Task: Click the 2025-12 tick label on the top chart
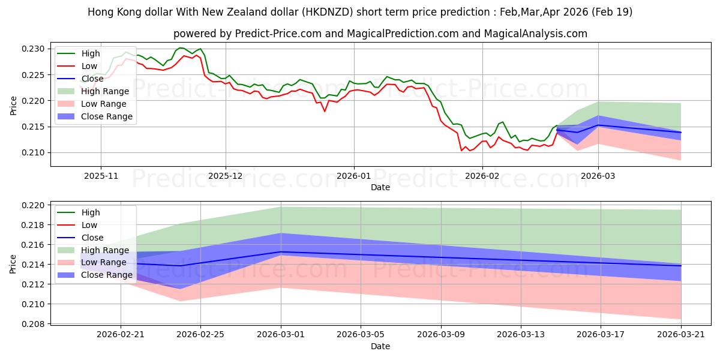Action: [226, 176]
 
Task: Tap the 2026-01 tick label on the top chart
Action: [354, 176]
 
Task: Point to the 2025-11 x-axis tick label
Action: [101, 176]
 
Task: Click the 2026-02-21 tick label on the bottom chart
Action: [121, 335]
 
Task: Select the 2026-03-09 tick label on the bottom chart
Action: [441, 335]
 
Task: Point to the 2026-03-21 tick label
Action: [681, 335]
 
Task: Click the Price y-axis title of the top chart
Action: [13, 105]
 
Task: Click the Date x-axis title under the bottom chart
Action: [380, 346]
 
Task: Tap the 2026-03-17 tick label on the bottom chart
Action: [601, 335]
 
